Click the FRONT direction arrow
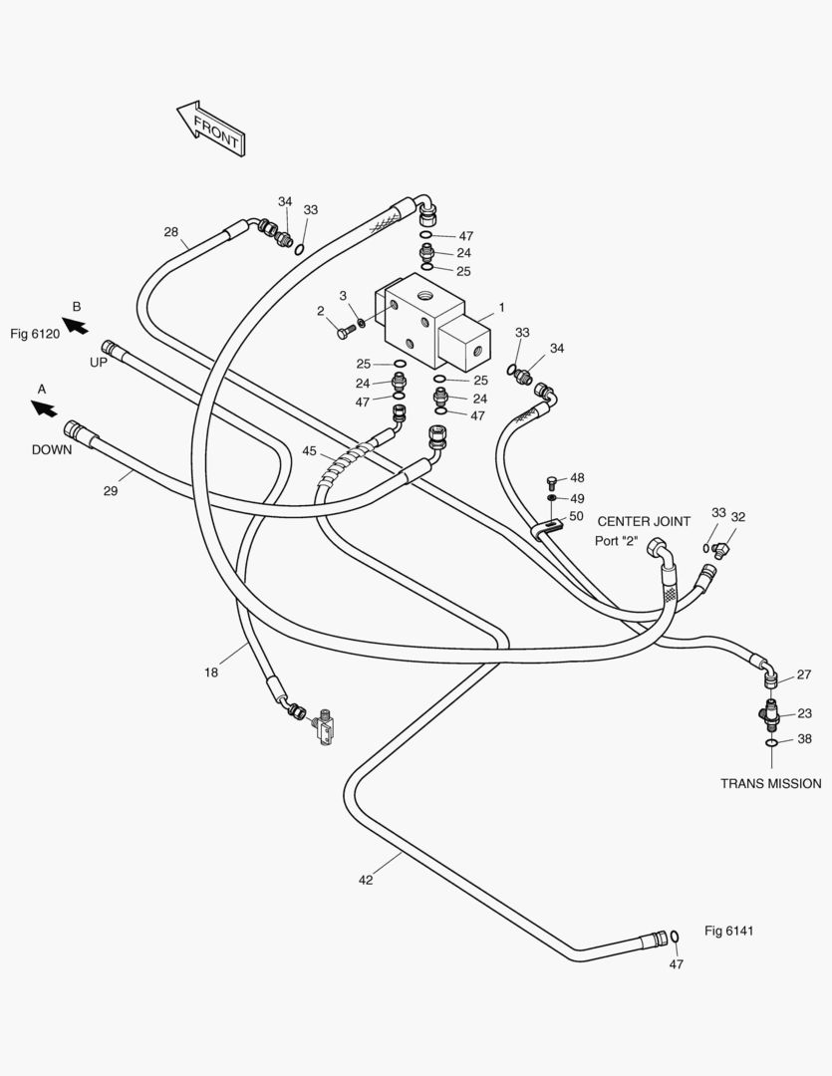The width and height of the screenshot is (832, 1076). [211, 129]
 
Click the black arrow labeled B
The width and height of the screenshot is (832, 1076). [75, 325]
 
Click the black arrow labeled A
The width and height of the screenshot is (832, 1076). [44, 408]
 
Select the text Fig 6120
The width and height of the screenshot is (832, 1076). [35, 334]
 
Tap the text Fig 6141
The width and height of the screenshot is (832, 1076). [729, 931]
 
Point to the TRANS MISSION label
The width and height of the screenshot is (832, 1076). [771, 784]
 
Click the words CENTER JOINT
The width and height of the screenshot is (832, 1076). [644, 521]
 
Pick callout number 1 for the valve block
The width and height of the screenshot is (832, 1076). [502, 308]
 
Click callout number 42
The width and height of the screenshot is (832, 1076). [366, 880]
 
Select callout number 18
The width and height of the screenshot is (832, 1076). [211, 672]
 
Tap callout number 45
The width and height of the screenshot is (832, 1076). [310, 451]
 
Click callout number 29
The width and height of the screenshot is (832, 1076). [111, 490]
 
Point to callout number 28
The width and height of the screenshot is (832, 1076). [171, 232]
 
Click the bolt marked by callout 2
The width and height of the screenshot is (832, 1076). [345, 333]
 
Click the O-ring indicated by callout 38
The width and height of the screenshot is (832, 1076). [771, 742]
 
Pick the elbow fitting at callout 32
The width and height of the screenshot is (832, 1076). [720, 550]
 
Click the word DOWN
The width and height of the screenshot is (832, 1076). [52, 450]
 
